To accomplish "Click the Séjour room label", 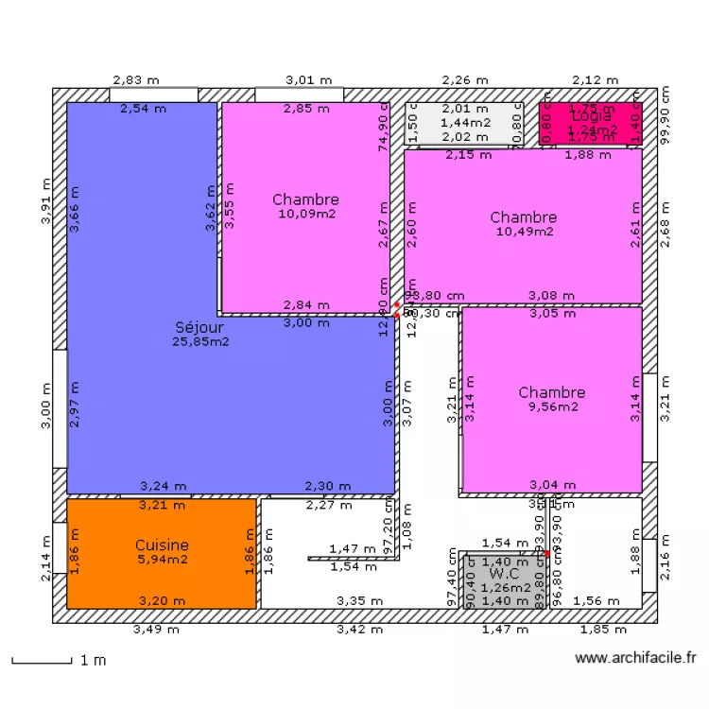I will (x=198, y=327).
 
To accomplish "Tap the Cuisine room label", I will (x=162, y=545).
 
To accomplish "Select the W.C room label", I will (x=503, y=573).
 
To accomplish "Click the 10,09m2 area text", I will (x=305, y=214).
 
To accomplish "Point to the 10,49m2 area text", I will (x=523, y=231).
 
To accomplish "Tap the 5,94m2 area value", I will (x=162, y=559).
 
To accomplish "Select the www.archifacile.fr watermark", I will (x=635, y=658).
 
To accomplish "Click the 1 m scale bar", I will (x=42, y=661).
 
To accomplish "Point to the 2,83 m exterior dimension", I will (x=132, y=80).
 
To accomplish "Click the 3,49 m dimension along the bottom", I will (x=154, y=629).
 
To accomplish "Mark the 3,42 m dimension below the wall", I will (x=359, y=629).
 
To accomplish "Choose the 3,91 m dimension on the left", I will (x=43, y=201).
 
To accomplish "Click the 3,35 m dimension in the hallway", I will (x=359, y=600).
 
